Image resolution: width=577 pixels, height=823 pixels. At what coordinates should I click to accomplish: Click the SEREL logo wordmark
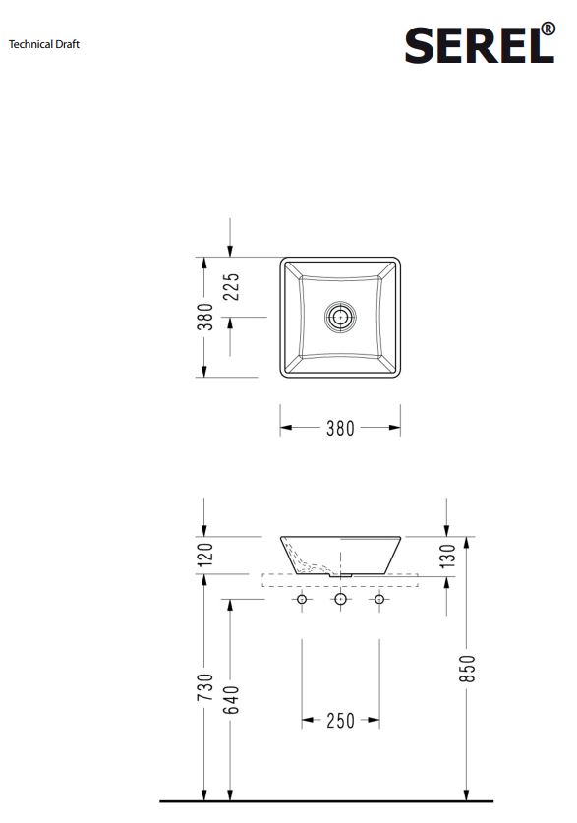pos(480,45)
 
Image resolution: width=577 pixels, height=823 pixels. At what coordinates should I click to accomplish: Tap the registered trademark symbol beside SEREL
pos(548,29)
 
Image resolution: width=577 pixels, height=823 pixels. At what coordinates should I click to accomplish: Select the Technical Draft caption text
pos(44,44)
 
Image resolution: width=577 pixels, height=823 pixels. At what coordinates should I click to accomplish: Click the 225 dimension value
pos(231,286)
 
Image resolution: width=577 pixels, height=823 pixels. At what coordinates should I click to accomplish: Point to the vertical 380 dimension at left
pos(205,317)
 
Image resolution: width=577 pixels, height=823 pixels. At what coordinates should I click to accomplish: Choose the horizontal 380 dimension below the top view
pos(340,429)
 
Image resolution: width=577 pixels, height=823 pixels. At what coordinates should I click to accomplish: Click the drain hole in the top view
pos(340,317)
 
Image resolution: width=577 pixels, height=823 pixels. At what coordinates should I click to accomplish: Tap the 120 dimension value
pos(205,555)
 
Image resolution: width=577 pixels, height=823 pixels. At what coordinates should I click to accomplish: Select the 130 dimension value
pos(447,557)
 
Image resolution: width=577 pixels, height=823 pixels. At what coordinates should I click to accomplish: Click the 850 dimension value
pos(467,669)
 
